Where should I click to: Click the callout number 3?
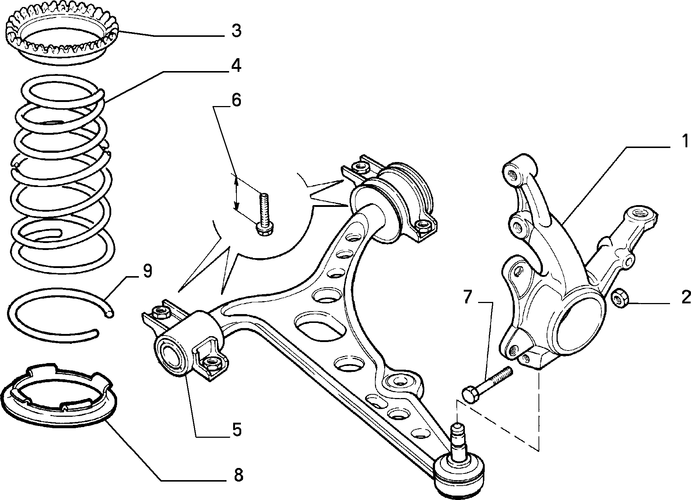pyautogui.click(x=236, y=31)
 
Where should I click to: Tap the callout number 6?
pyautogui.click(x=236, y=100)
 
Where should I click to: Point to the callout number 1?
pyautogui.click(x=685, y=141)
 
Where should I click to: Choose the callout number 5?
pyautogui.click(x=236, y=430)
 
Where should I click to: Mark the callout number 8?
pyautogui.click(x=238, y=475)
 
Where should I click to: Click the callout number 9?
pyautogui.click(x=147, y=271)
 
